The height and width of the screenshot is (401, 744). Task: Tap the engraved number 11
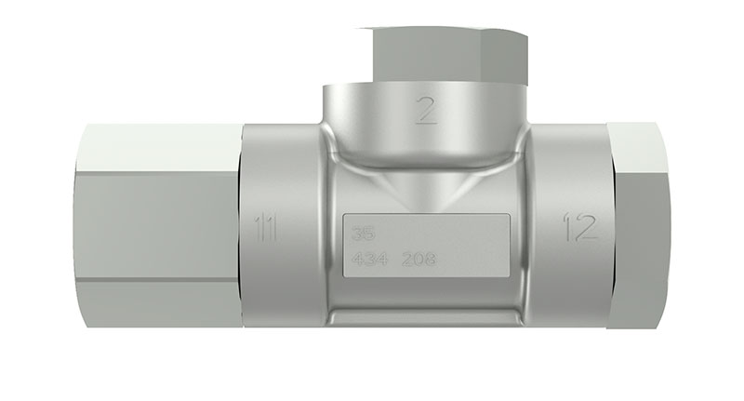[266, 226]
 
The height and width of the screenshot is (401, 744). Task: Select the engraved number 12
[579, 226]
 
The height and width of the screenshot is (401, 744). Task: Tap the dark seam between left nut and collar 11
[240, 223]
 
